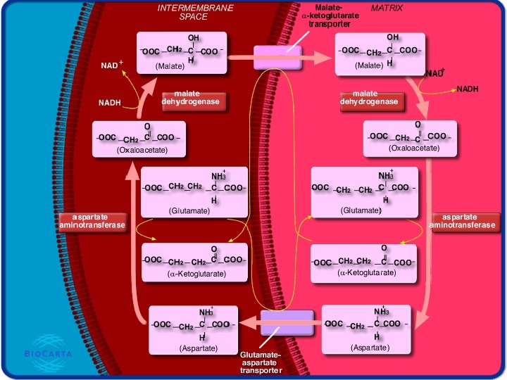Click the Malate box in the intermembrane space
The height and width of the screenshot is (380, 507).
coord(181,51)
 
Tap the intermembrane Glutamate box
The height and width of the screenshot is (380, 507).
coord(194,192)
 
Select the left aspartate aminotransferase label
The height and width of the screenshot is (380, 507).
coord(92,220)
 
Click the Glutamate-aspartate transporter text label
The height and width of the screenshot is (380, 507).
coord(261,363)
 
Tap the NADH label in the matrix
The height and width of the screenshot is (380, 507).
coord(468,89)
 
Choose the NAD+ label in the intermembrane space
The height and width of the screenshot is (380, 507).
coord(111,65)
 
